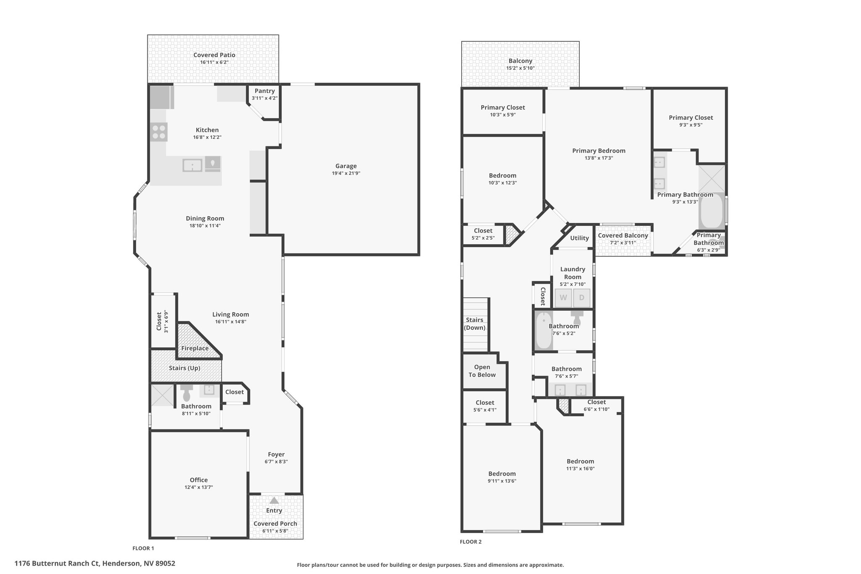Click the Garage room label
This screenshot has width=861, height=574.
pos(346,166)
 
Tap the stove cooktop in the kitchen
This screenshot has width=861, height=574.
pos(159,132)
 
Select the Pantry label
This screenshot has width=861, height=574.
pos(264,91)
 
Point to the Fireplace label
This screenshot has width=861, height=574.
pos(195,348)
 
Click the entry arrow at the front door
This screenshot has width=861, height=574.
pos(274,500)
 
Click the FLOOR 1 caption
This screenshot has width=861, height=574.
pos(143,548)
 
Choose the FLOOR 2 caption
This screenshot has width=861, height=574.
pos(471,542)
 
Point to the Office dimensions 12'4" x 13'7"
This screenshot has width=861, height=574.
pos(198,487)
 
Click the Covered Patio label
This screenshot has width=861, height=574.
pos(214,55)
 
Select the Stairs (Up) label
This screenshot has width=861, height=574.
pos(185,368)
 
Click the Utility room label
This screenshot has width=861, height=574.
pos(579,238)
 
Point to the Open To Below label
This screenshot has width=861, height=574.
pos(482,371)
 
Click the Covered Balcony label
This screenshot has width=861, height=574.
pos(623,235)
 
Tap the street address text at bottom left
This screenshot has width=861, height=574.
pos(95,563)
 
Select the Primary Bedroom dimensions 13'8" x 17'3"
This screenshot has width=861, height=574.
pos(599,158)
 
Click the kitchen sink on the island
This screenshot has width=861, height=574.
pos(193,165)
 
